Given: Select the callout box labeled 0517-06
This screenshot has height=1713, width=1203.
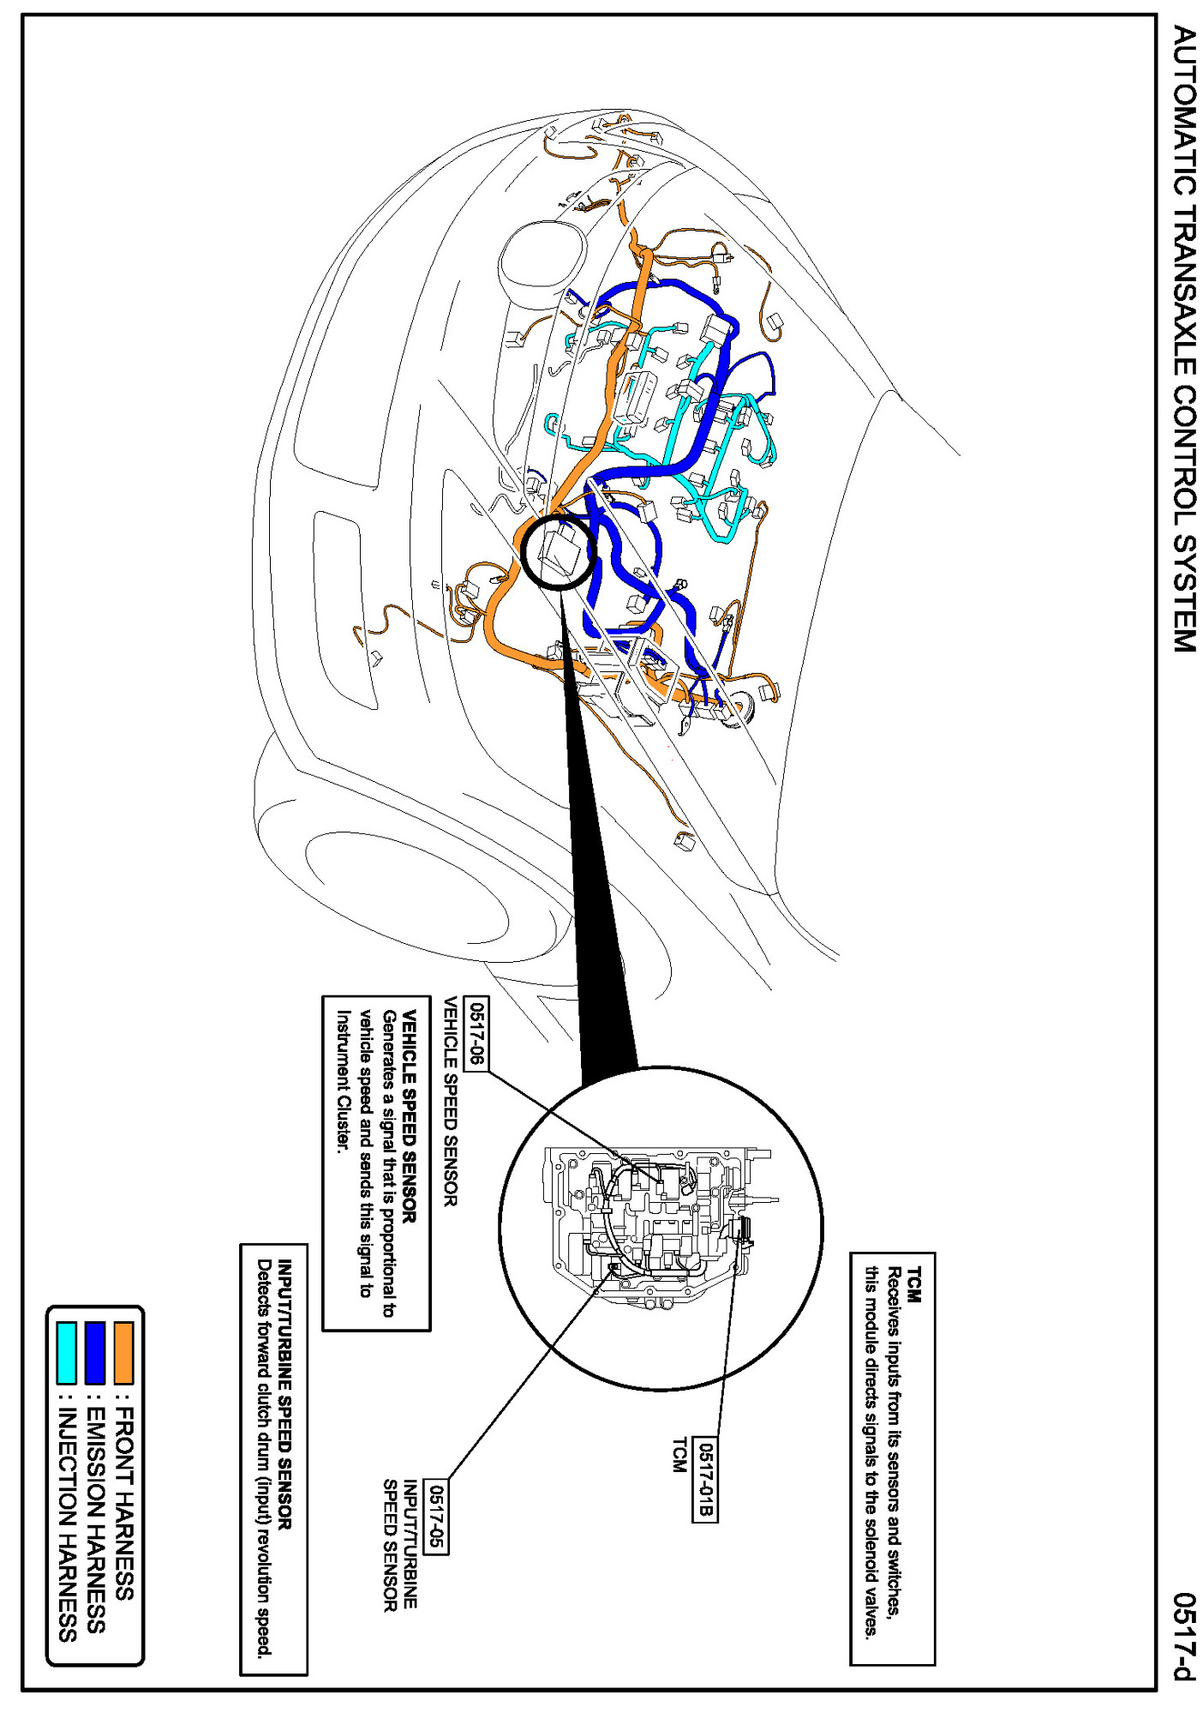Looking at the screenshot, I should tap(476, 1033).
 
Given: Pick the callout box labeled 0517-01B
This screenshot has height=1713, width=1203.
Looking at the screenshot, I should tap(704, 1480).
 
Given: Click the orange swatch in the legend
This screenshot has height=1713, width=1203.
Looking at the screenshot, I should tap(123, 1352).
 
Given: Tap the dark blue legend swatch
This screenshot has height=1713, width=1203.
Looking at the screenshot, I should tap(95, 1352).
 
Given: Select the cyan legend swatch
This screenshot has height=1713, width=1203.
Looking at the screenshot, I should tap(67, 1352).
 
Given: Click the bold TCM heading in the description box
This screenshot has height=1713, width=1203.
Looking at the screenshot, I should tap(913, 1284).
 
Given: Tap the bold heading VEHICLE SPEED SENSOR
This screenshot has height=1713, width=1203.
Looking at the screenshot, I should tap(409, 1116).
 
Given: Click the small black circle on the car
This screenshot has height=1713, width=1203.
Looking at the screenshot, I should tap(557, 552).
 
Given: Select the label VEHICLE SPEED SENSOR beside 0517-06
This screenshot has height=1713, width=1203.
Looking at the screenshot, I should tap(450, 1102).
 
